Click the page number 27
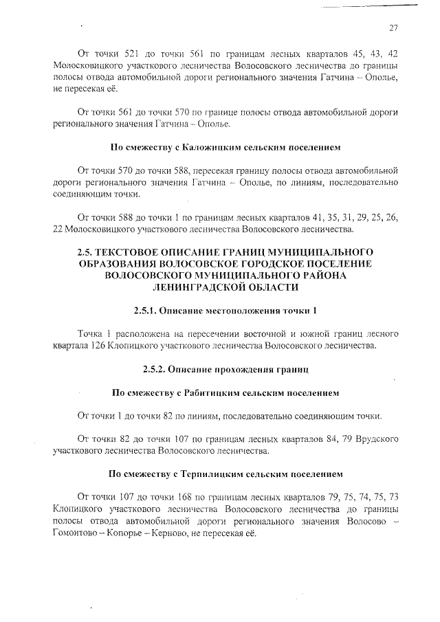tap(393, 28)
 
